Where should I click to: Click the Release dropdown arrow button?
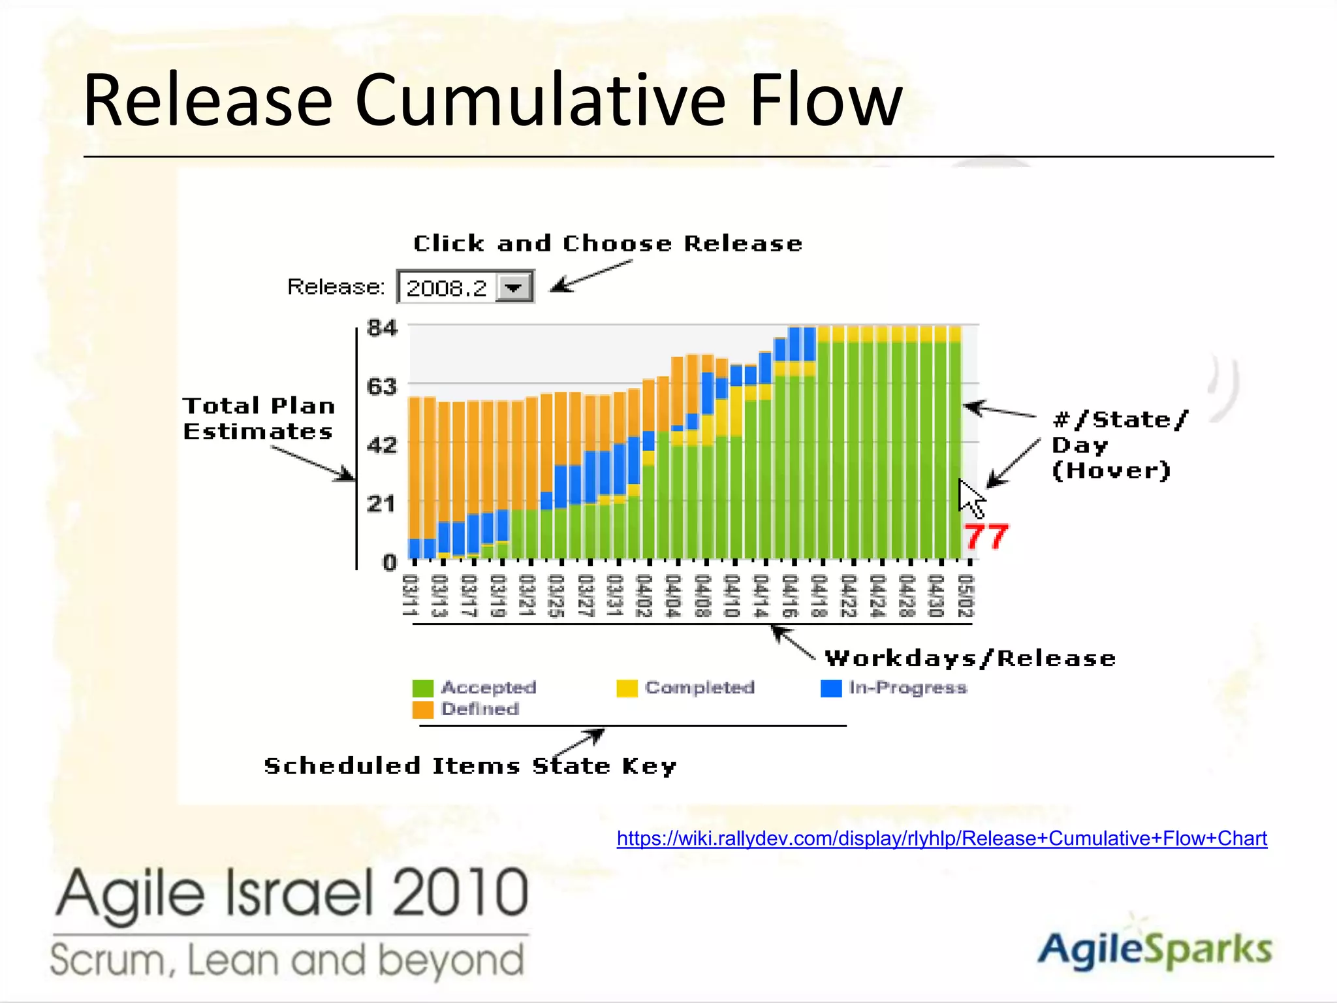point(514,287)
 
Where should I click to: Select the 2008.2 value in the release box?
point(447,288)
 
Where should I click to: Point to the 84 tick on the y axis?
point(382,328)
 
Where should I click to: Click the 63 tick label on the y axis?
point(382,387)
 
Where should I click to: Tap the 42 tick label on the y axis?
point(382,445)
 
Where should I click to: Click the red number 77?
point(986,537)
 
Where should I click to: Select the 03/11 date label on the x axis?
point(409,595)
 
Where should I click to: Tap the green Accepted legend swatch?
point(423,688)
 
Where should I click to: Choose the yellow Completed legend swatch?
point(627,688)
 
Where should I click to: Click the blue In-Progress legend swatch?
point(831,688)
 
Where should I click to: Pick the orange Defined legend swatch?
point(423,710)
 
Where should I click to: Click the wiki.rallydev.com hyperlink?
point(941,838)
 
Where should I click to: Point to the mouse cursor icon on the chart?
point(971,498)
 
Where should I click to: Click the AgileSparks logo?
point(1154,949)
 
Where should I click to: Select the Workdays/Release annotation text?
point(970,658)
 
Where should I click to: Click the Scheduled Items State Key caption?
point(470,766)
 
